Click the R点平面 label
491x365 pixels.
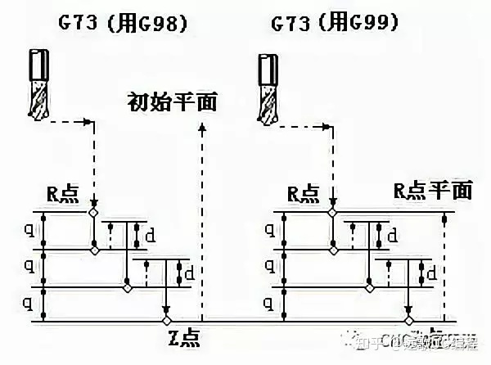click(x=433, y=191)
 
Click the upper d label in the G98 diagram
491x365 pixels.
click(x=150, y=237)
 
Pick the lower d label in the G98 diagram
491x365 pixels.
click(x=193, y=275)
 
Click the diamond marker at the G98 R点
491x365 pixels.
click(x=94, y=213)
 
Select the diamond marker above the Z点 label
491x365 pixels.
click(x=166, y=319)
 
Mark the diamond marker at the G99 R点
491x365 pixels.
click(x=332, y=213)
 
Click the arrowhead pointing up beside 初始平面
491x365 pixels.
click(x=202, y=127)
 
